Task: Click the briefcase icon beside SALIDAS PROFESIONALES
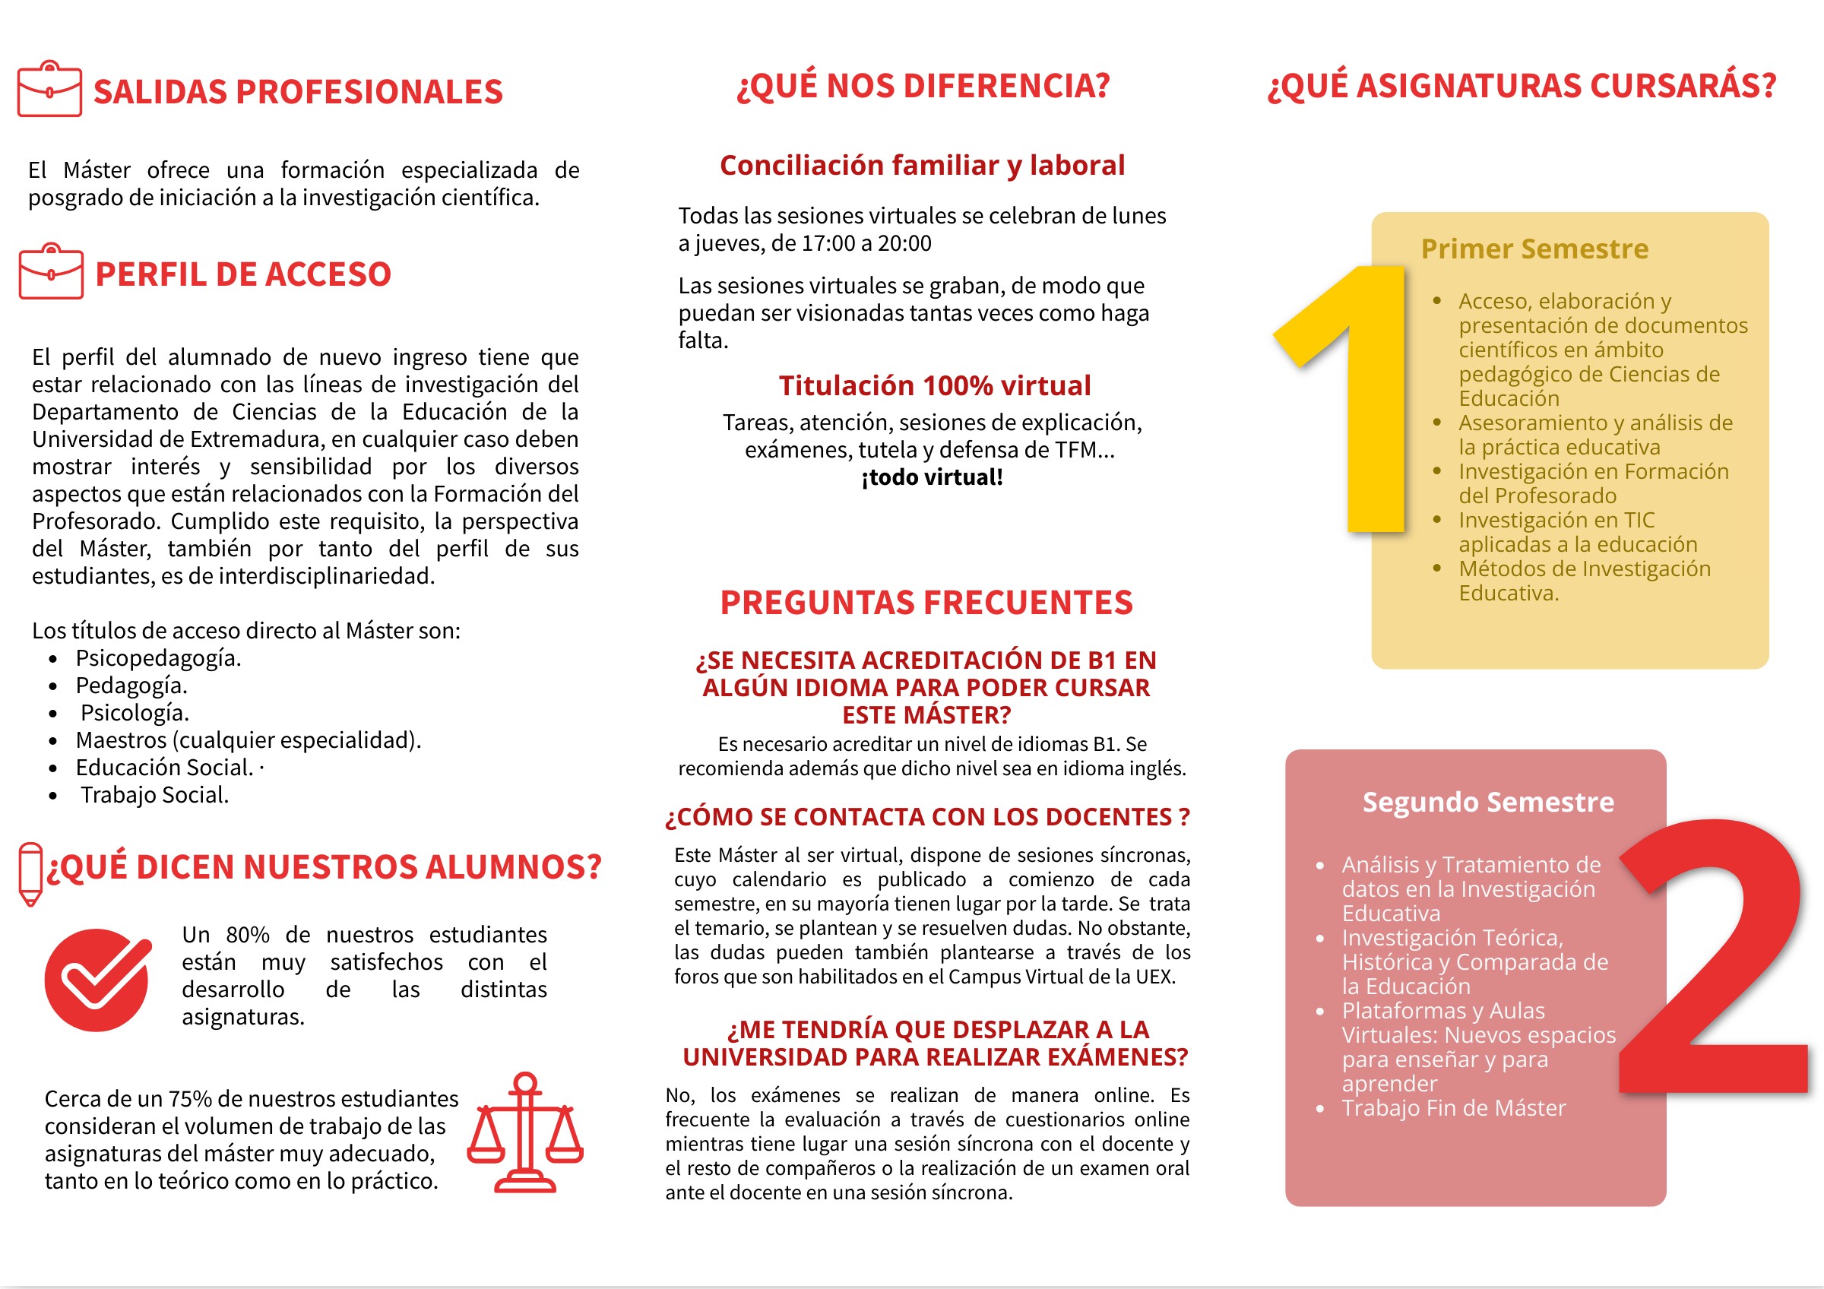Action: [x=49, y=89]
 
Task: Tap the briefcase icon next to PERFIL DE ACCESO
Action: [x=51, y=271]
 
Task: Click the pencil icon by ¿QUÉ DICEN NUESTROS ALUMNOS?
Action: [x=30, y=873]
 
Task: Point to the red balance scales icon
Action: [x=525, y=1132]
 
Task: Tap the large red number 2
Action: [x=1716, y=961]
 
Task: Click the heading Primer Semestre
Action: [x=1534, y=249]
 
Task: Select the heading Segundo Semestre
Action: [x=1488, y=801]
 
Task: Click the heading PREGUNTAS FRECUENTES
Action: [x=926, y=602]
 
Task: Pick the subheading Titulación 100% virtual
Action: [x=934, y=385]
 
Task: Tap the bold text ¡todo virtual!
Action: [x=932, y=477]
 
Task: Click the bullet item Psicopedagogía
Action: [x=158, y=657]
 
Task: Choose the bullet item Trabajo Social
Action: [x=154, y=794]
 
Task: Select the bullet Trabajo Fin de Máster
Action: [x=1453, y=1107]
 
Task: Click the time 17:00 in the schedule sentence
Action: [x=827, y=243]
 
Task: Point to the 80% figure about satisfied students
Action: [x=247, y=934]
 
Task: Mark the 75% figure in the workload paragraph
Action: [x=189, y=1098]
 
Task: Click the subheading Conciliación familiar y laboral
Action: [x=923, y=165]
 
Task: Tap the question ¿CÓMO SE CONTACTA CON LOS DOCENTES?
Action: [x=926, y=816]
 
